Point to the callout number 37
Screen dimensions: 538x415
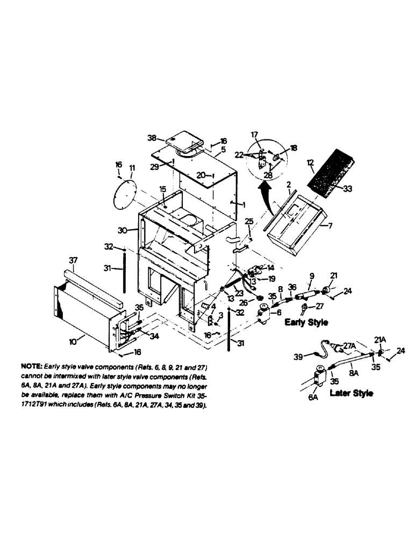pos(74,260)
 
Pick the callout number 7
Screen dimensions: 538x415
pos(330,226)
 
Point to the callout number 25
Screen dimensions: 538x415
pos(249,221)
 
